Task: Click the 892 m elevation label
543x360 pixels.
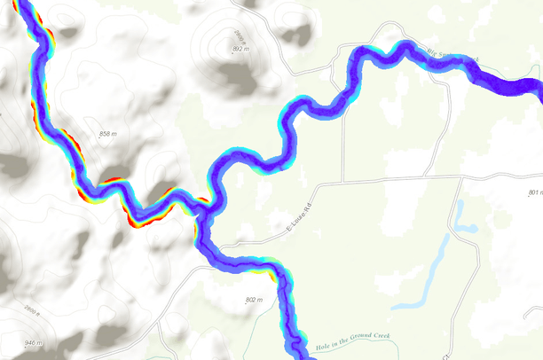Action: click(x=238, y=49)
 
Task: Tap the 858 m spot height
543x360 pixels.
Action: click(x=108, y=134)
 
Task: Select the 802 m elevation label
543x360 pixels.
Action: click(x=254, y=301)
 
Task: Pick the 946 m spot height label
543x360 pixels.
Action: click(x=32, y=342)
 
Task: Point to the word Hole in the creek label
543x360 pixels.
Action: click(x=322, y=348)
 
